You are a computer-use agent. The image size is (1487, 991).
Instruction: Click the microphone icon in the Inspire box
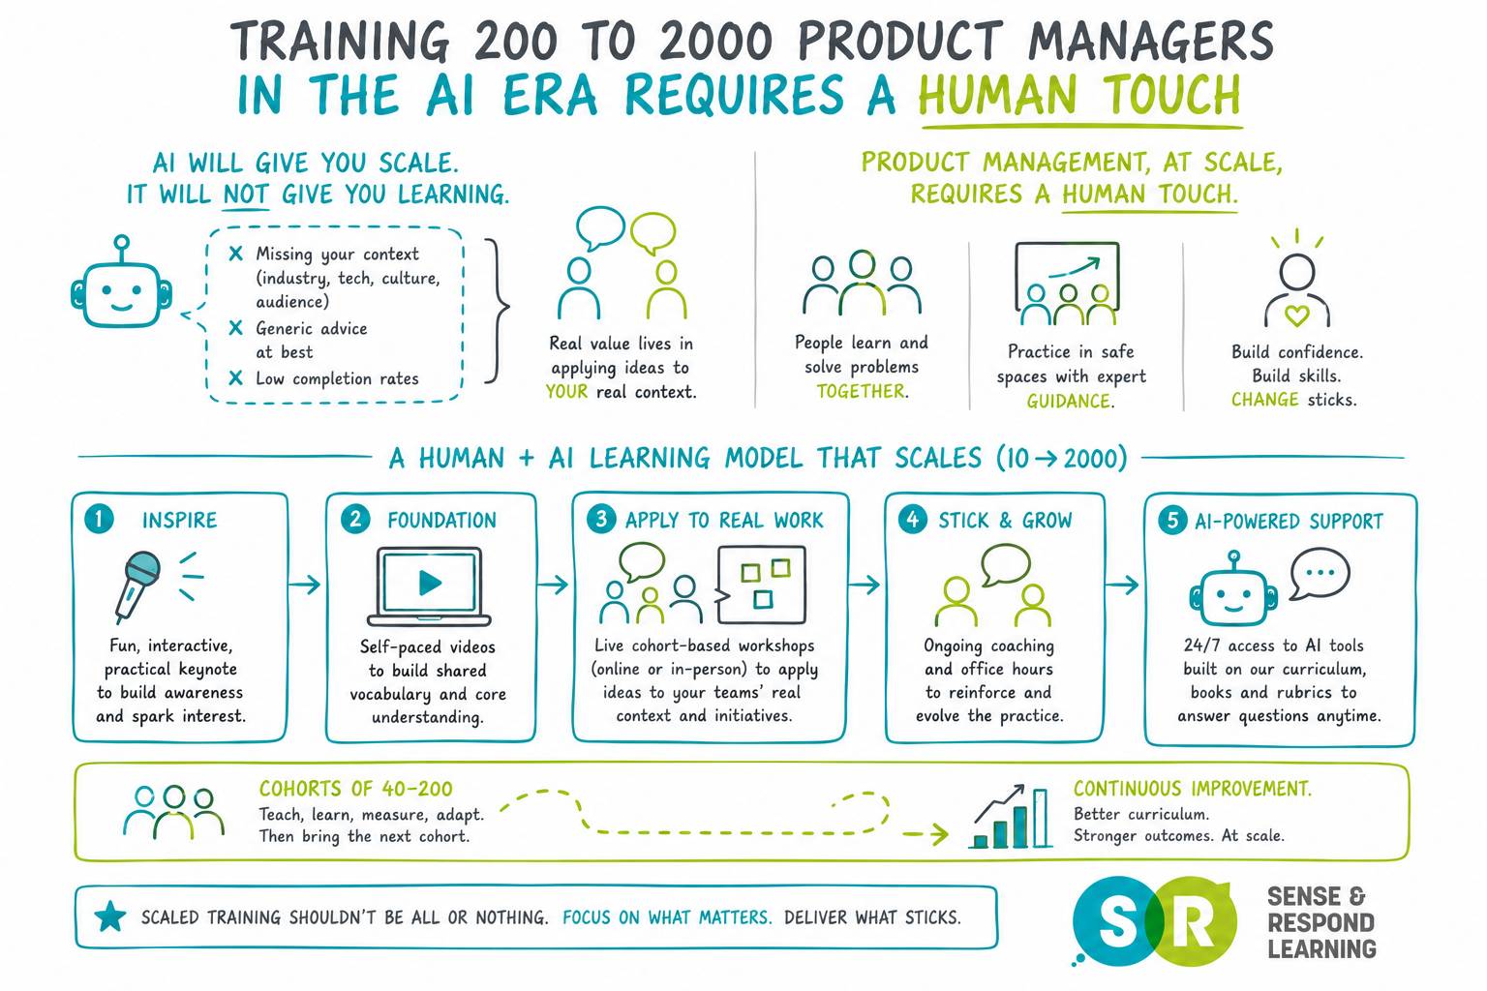(x=137, y=585)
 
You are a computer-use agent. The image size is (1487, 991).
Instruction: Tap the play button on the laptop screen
(x=430, y=583)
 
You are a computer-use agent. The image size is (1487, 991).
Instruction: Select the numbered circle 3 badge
(x=601, y=519)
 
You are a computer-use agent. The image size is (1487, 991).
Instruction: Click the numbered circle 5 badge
(x=1172, y=521)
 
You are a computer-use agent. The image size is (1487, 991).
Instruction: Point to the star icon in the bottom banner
(x=110, y=917)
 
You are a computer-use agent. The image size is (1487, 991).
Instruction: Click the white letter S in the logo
(x=1117, y=922)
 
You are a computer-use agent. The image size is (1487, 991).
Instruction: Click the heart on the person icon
(x=1296, y=315)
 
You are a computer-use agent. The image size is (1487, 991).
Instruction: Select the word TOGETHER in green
(x=861, y=392)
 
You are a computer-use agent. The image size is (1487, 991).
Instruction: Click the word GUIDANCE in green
(x=1069, y=401)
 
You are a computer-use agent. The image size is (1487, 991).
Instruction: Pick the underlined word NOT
(x=246, y=195)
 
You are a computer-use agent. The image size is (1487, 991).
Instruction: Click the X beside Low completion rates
(x=235, y=378)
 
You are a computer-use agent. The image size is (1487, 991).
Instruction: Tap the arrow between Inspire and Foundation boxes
(x=305, y=585)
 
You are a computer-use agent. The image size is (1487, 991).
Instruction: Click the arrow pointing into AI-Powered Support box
(x=1122, y=585)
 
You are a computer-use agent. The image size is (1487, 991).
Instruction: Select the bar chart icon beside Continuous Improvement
(x=1011, y=817)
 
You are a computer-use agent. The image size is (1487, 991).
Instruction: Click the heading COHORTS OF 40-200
(x=356, y=789)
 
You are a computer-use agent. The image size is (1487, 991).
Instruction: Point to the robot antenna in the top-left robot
(x=121, y=249)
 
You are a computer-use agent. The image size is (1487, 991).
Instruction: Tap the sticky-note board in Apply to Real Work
(x=761, y=585)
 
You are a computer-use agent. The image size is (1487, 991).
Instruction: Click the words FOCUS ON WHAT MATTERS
(x=667, y=917)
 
